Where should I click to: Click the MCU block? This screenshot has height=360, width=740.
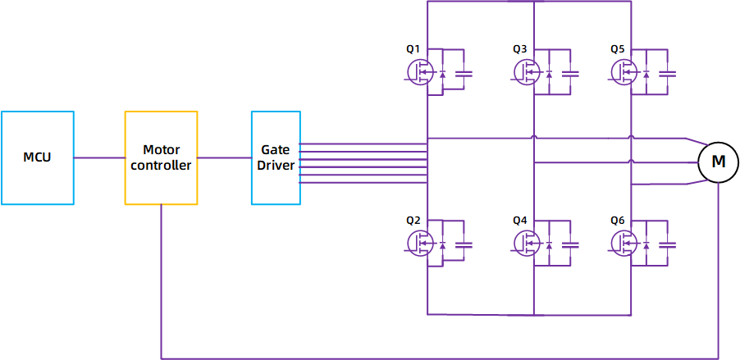(37, 157)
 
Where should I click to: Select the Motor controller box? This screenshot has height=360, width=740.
(161, 157)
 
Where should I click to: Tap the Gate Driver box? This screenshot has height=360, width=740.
(276, 157)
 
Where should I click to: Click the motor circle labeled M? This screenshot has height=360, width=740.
(718, 162)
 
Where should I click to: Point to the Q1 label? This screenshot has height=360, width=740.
(413, 49)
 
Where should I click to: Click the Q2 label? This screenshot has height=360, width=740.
(413, 221)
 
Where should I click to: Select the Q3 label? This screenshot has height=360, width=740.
(519, 49)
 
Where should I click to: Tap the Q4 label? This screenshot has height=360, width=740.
(519, 221)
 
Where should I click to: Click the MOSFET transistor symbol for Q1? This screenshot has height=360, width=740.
(420, 73)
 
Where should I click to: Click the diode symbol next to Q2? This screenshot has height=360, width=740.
(443, 244)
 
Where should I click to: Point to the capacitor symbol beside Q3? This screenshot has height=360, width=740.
(570, 73)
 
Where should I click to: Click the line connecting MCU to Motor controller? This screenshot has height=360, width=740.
(99, 157)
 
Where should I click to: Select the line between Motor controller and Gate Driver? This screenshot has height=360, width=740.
(224, 157)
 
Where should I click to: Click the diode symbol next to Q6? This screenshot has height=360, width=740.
(647, 244)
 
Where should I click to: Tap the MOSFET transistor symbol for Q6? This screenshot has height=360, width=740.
(625, 243)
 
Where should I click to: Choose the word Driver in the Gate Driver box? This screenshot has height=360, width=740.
(276, 166)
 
